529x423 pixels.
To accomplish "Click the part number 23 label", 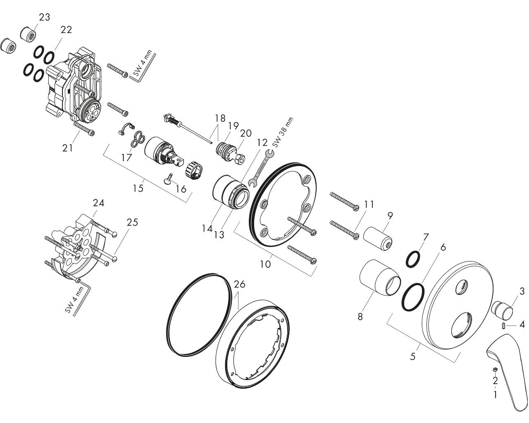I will (x=44, y=17).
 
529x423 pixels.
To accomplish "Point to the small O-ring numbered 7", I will (x=413, y=259).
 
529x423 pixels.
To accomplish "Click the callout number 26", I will (x=239, y=285).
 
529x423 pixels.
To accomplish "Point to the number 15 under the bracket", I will (x=138, y=188).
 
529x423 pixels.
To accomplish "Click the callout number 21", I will (x=67, y=147).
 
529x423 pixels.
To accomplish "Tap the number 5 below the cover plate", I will (x=412, y=356).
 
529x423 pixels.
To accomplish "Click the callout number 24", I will (x=98, y=203).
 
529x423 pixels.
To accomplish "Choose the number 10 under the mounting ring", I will (x=265, y=263).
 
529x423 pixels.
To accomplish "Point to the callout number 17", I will (x=126, y=157).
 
